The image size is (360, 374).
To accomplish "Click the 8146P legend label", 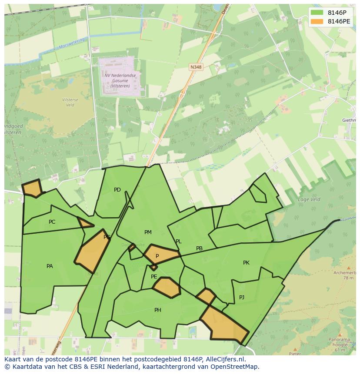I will (x=337, y=13).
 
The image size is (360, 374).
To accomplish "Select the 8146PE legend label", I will (x=339, y=21).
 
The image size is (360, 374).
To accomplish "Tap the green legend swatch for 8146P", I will (x=317, y=13).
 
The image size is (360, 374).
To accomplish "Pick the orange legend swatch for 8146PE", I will (x=317, y=21).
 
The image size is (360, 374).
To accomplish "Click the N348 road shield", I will (x=196, y=67).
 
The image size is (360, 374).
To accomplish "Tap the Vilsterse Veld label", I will (x=70, y=102).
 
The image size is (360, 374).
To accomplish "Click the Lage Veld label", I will (x=309, y=199).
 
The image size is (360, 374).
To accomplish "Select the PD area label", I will (x=117, y=189).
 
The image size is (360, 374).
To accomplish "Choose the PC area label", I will (x=52, y=222).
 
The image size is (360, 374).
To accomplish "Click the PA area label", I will (x=50, y=266).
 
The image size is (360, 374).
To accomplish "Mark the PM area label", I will (x=148, y=232).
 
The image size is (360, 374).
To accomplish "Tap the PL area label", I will (x=178, y=242).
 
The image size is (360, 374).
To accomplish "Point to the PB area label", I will (x=199, y=248).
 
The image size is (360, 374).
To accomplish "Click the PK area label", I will (x=246, y=262).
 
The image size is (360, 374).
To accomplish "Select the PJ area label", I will (x=242, y=297).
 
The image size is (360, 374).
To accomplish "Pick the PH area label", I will (x=158, y=310).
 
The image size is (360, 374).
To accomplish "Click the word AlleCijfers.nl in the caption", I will (x=224, y=359).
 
